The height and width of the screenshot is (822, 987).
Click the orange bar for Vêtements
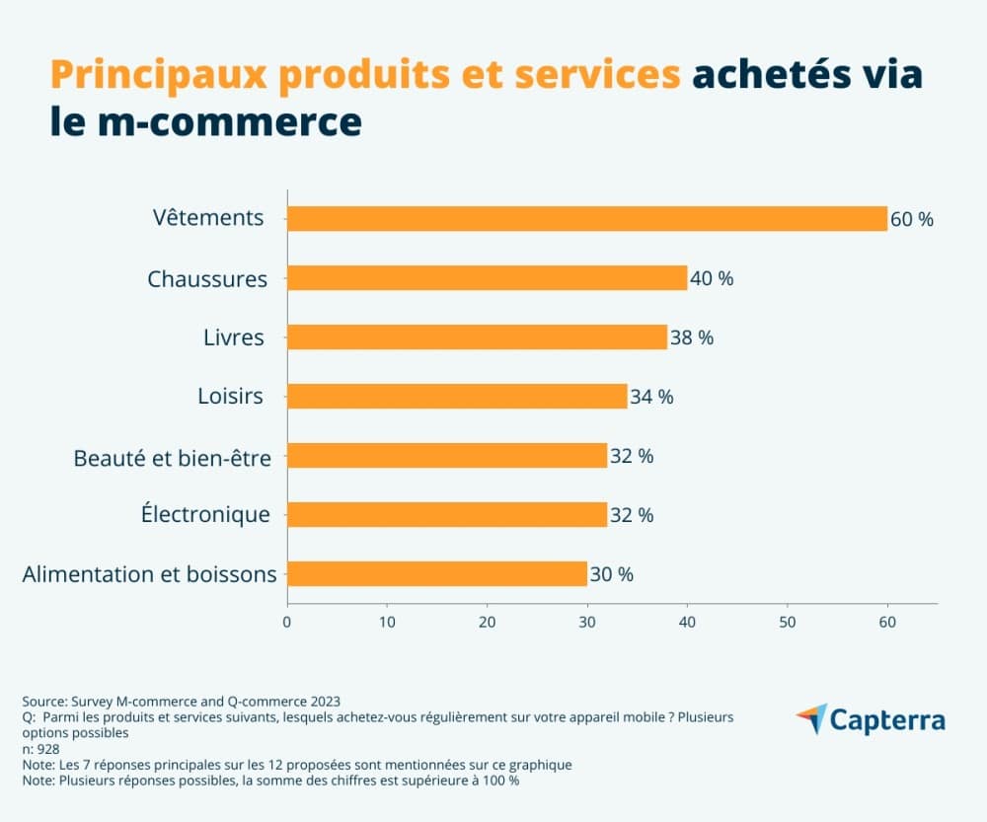pos(587,218)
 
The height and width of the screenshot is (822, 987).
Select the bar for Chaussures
pos(487,277)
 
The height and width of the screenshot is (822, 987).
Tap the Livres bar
pos(477,336)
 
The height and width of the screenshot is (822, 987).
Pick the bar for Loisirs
pos(457,396)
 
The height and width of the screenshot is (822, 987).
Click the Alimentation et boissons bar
pos(437,573)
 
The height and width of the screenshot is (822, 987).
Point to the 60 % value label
pos(911,219)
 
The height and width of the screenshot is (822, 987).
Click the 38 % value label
pos(691,337)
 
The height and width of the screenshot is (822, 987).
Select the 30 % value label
pos(611,574)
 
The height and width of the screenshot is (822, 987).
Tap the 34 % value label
pos(651,397)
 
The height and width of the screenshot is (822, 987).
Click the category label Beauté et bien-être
pos(172,457)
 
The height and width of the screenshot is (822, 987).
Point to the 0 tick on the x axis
pos(287,622)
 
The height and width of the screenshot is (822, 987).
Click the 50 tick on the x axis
pos(787,622)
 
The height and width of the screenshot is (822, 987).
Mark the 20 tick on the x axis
pos(487,622)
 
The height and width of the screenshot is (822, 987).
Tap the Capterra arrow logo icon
pos(811,718)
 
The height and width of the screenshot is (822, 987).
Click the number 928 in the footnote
pos(47,749)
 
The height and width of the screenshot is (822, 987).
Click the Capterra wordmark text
pos(887,719)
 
